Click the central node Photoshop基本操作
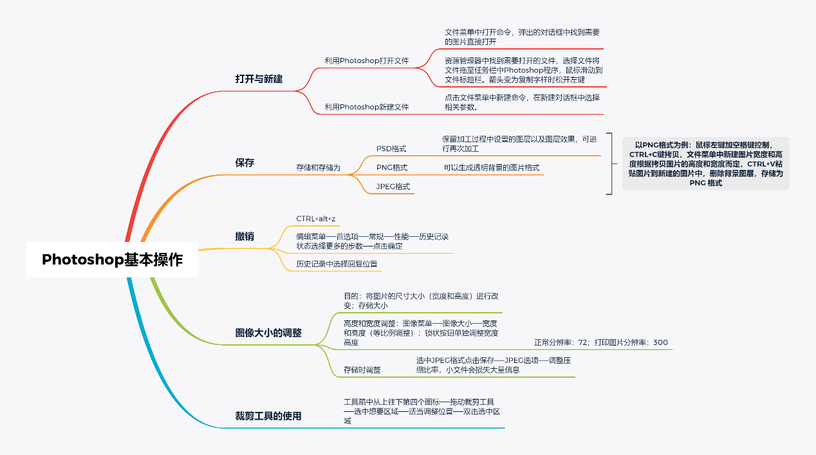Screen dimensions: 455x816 click(x=112, y=260)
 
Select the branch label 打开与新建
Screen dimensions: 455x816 click(x=259, y=79)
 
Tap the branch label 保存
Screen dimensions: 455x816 click(x=245, y=163)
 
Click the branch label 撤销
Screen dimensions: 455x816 click(x=245, y=236)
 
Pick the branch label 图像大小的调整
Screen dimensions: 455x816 click(x=268, y=333)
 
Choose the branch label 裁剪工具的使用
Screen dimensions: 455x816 click(x=268, y=416)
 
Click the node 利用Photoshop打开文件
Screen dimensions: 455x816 click(x=367, y=60)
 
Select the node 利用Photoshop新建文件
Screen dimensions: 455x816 click(x=367, y=107)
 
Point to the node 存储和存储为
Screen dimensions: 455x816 click(x=318, y=167)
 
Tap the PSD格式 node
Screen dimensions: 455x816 click(x=391, y=149)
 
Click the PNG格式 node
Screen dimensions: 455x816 click(x=392, y=168)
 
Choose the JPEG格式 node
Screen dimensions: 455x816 click(x=393, y=187)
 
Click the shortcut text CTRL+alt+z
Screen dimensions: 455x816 click(x=316, y=219)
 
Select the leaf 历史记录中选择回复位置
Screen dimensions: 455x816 click(x=337, y=264)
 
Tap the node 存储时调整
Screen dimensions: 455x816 click(x=362, y=369)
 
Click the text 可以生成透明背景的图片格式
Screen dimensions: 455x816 click(x=491, y=168)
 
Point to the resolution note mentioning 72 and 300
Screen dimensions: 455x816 click(x=601, y=342)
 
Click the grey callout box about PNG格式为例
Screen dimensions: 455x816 click(x=705, y=163)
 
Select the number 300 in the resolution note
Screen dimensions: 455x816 click(x=660, y=342)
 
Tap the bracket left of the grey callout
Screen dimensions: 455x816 click(x=610, y=163)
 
